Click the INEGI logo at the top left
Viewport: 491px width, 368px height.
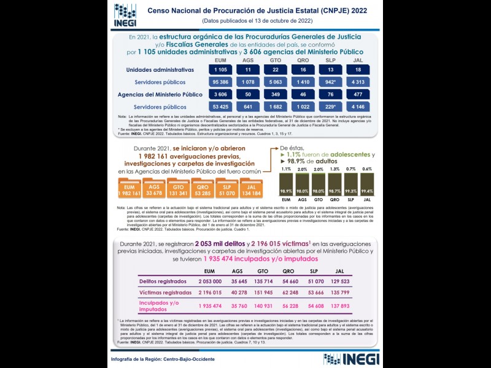point(125,15)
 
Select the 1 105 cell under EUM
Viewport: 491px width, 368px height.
point(222,70)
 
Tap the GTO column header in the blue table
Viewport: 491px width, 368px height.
point(276,59)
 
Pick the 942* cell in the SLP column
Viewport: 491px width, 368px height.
point(330,82)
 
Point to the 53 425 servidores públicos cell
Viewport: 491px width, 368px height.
point(222,107)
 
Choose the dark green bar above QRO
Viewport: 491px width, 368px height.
point(334,183)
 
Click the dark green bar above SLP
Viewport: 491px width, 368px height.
point(351,183)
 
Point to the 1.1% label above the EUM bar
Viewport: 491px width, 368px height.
point(286,169)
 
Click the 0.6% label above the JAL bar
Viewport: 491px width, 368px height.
point(367,169)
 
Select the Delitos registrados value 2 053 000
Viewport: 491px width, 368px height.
point(210,281)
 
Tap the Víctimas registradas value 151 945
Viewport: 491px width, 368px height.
point(263,293)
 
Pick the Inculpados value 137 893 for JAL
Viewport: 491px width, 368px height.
point(339,305)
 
